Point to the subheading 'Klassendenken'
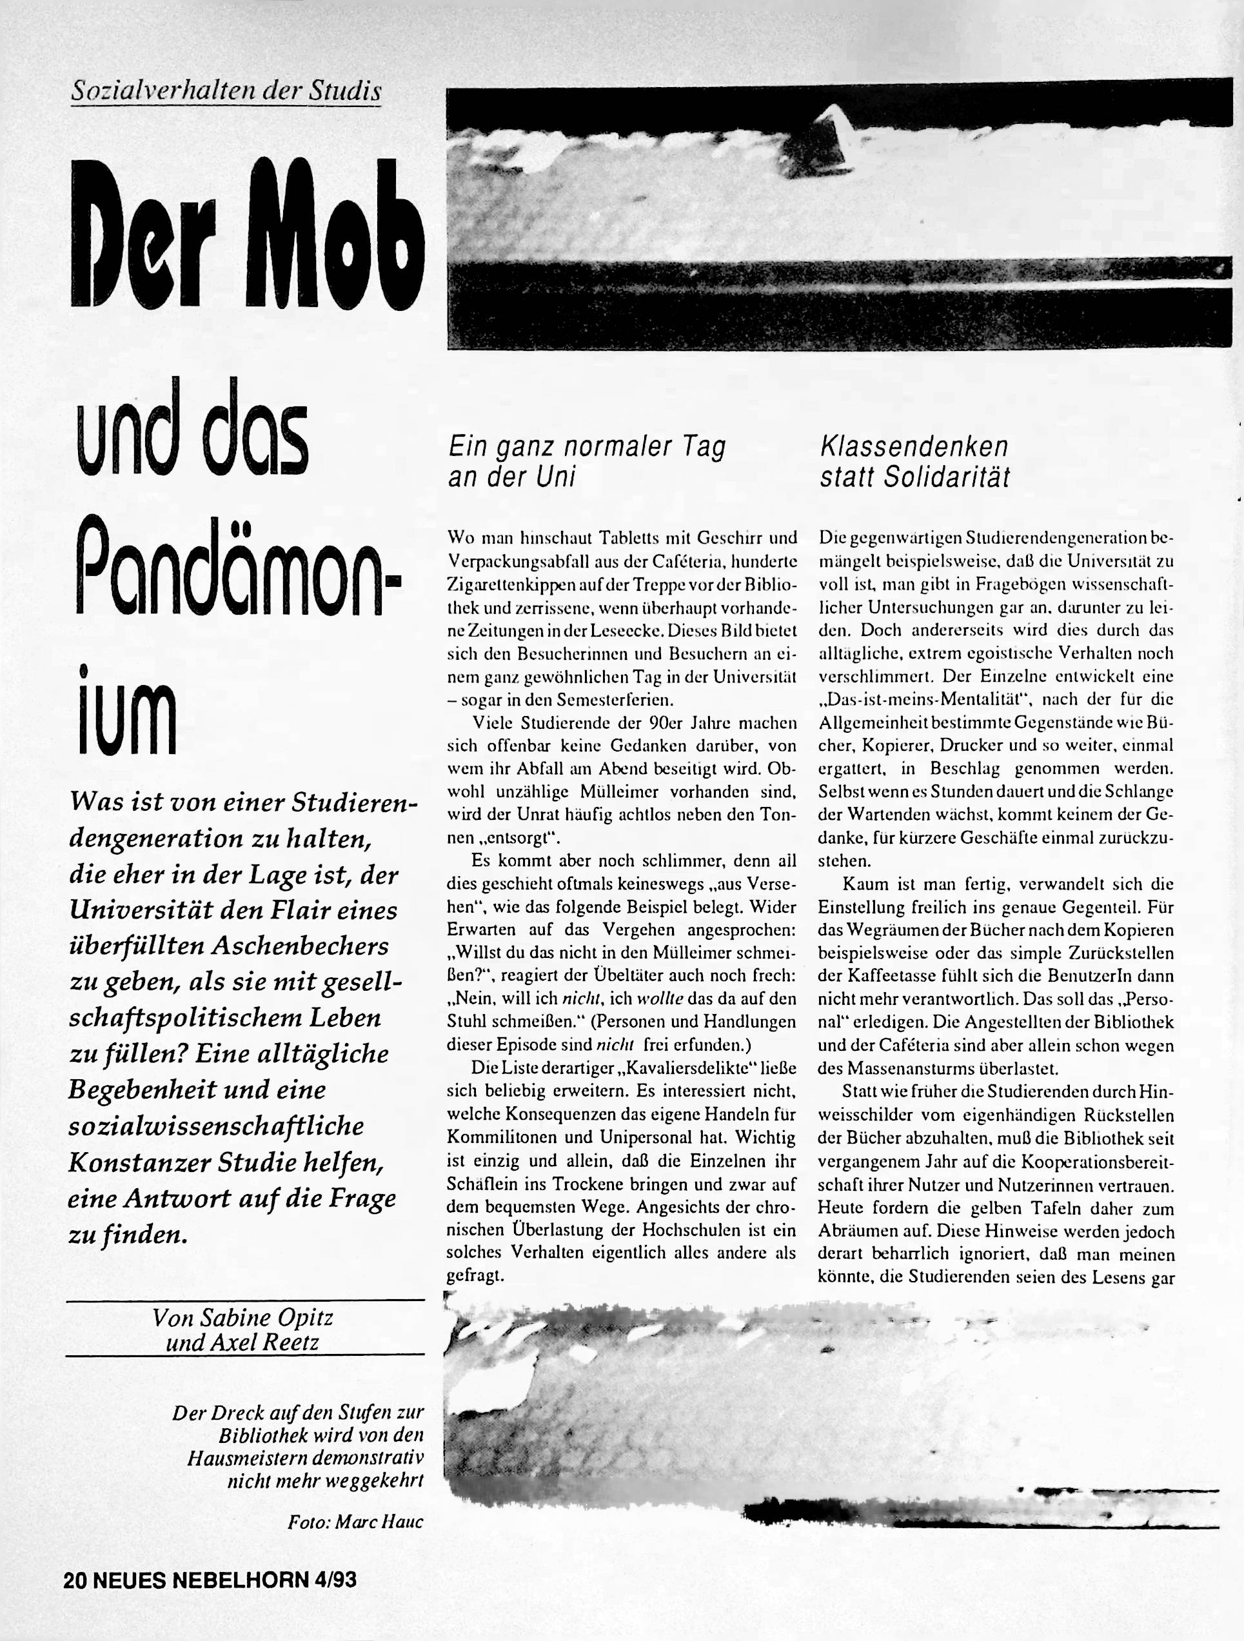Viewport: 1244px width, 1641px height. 914,446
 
